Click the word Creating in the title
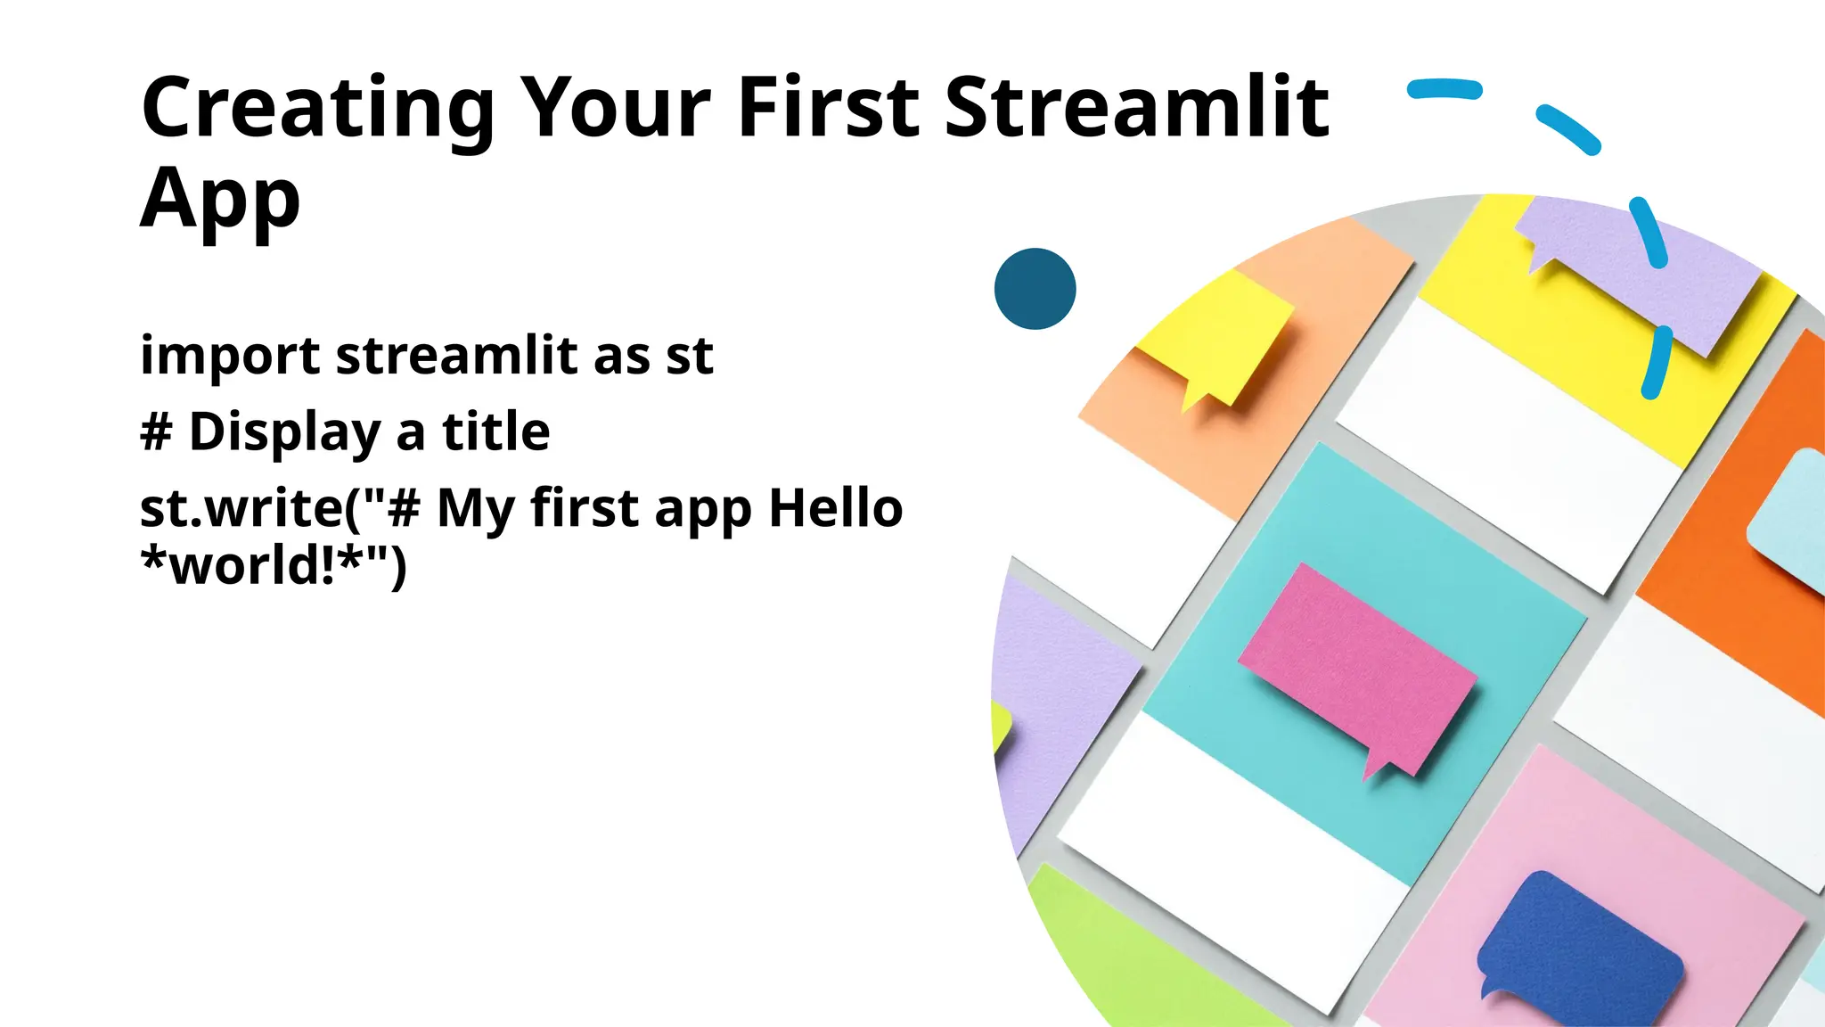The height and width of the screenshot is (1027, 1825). (x=317, y=109)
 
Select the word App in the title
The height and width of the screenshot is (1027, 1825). (x=220, y=201)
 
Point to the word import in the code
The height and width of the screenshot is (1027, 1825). (x=230, y=356)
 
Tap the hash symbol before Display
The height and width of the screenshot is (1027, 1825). (x=156, y=432)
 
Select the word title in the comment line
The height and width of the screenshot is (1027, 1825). (x=496, y=432)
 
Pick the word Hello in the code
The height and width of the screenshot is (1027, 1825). (x=835, y=509)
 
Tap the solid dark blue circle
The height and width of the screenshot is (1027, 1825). (x=1035, y=289)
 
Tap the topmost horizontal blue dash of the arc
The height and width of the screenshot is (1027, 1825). (x=1444, y=89)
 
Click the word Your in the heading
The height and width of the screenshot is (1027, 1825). (x=615, y=109)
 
